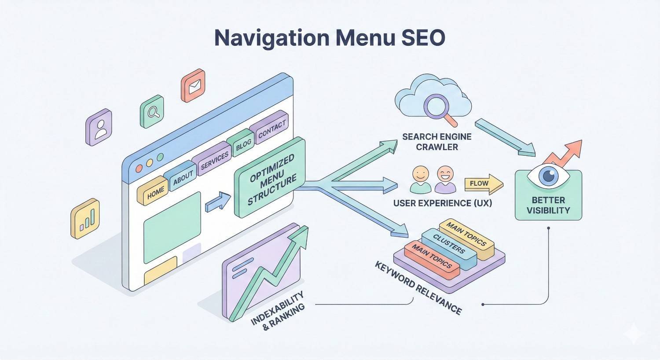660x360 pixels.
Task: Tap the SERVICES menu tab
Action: pyautogui.click(x=215, y=161)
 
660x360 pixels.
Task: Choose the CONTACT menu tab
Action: pyautogui.click(x=272, y=129)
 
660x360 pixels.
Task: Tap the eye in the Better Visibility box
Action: pyautogui.click(x=548, y=176)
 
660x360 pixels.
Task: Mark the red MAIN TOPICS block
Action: pyautogui.click(x=431, y=260)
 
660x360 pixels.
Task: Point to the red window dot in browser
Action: pyautogui.click(x=140, y=169)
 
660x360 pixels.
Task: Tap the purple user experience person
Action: pyautogui.click(x=445, y=179)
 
